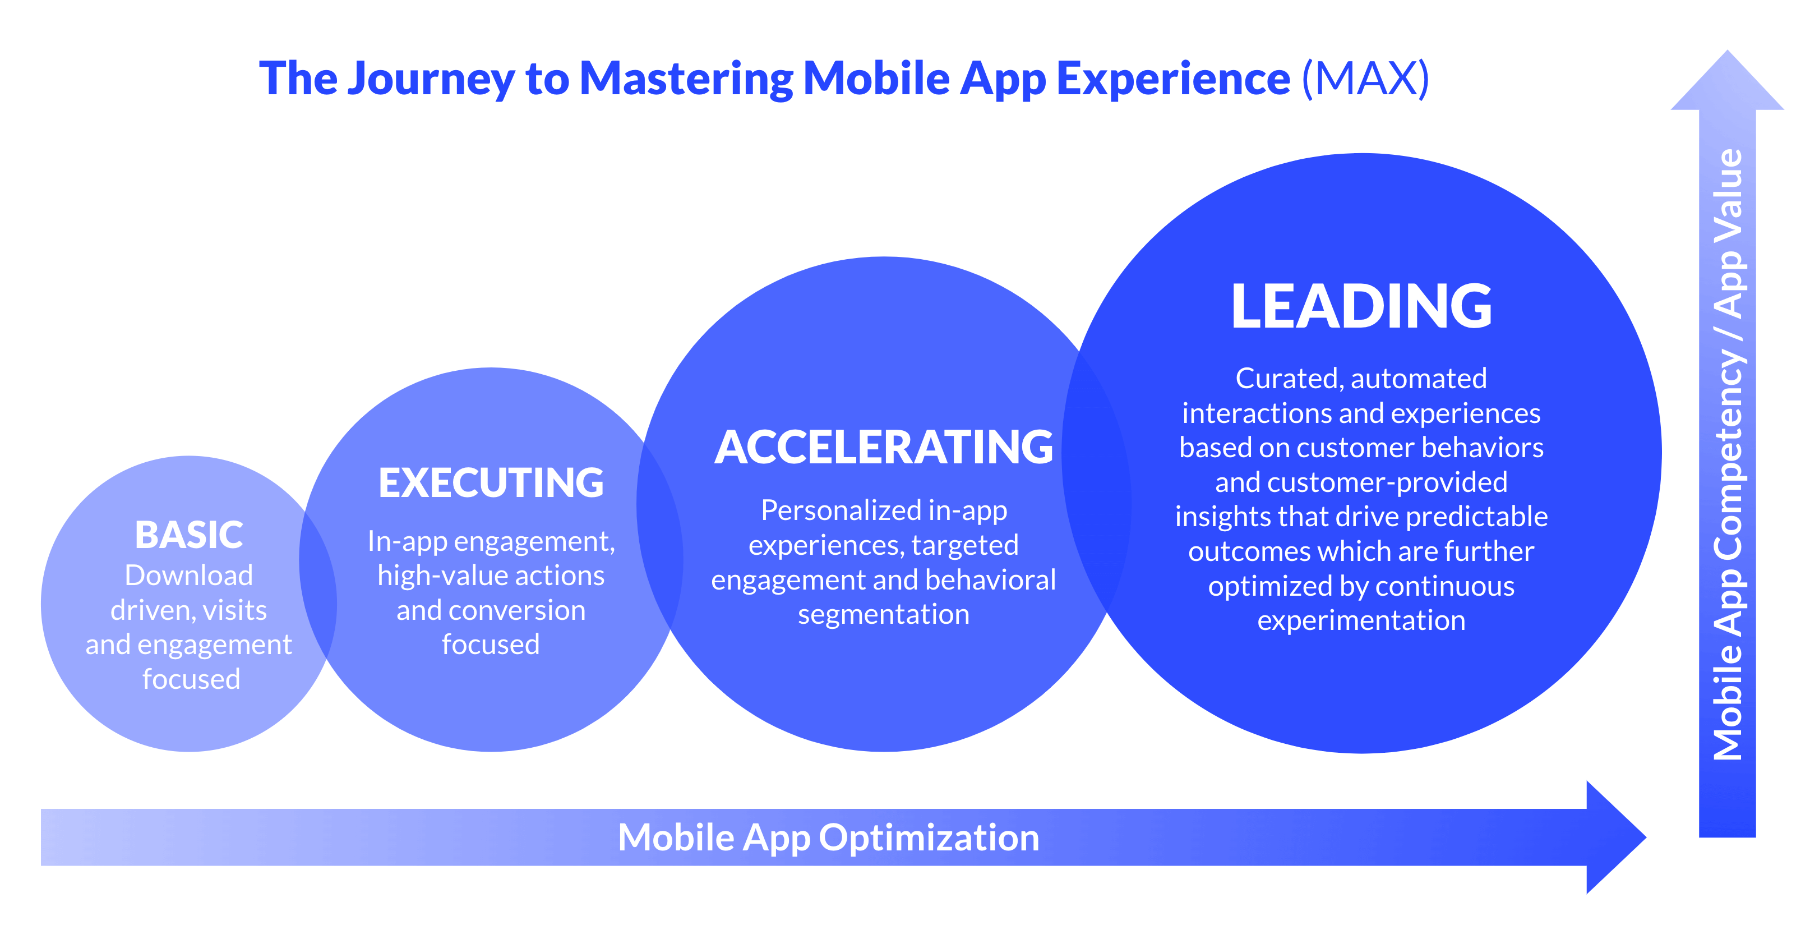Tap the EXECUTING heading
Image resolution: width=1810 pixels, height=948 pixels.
[x=491, y=483]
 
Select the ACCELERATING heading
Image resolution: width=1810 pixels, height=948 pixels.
[x=884, y=447]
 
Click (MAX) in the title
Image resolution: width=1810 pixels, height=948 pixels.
[x=1365, y=78]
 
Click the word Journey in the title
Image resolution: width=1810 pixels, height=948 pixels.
[x=431, y=79]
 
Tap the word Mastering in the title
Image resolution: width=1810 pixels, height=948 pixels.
[x=686, y=79]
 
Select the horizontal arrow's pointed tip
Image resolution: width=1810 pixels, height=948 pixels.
[x=1645, y=837]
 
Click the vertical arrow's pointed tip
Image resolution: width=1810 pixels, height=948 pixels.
[x=1727, y=51]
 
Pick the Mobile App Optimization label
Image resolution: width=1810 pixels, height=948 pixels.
[x=828, y=837]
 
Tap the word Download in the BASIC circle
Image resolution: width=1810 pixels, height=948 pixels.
[x=188, y=576]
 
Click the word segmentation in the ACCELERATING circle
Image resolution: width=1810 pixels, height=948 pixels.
[x=883, y=615]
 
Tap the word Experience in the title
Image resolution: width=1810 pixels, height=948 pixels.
[x=1174, y=79]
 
